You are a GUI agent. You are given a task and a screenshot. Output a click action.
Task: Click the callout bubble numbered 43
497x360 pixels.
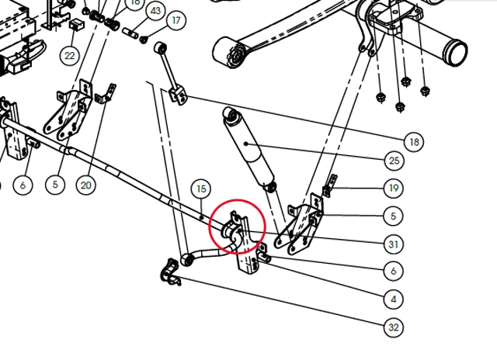(155, 12)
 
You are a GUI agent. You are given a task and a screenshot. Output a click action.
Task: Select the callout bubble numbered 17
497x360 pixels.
(176, 21)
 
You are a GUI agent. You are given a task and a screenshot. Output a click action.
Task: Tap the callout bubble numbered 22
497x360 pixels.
(69, 56)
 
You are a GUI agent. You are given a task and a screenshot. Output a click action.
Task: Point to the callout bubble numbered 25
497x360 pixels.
(394, 161)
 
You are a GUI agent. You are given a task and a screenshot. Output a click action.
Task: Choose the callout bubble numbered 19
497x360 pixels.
(394, 189)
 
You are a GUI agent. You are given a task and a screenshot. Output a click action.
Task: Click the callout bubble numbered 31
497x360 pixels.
(394, 244)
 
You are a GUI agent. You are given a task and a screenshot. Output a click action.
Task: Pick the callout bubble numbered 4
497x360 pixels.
(394, 299)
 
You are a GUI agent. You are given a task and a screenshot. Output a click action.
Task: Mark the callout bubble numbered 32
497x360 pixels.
(394, 327)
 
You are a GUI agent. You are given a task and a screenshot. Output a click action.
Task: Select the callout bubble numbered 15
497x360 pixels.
(201, 189)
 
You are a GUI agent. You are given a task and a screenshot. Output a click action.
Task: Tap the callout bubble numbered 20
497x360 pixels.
(86, 185)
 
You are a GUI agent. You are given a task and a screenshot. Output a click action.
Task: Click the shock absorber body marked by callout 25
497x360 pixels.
(248, 150)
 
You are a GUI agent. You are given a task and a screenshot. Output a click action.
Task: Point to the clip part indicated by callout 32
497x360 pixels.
(171, 272)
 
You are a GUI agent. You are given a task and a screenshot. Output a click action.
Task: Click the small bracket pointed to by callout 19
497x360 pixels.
(329, 186)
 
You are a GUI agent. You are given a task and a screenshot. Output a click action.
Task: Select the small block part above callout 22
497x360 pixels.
(76, 24)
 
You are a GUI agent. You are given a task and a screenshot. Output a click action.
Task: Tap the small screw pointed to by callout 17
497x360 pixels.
(144, 40)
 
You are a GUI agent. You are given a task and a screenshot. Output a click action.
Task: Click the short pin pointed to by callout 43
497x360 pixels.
(130, 33)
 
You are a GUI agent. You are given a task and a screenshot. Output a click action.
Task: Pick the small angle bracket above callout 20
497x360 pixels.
(106, 95)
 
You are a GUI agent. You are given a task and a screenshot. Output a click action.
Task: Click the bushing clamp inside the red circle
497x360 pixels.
(234, 230)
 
